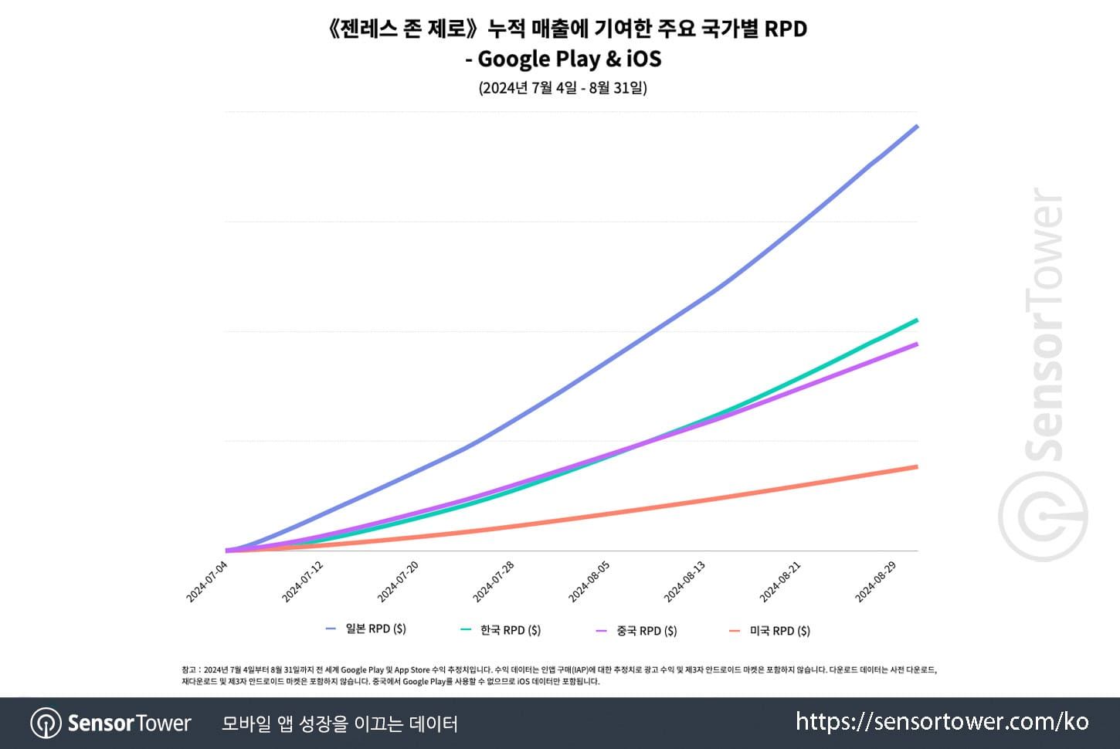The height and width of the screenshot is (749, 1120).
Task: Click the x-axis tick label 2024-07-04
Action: (x=207, y=581)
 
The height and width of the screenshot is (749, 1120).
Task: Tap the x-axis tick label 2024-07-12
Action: (x=303, y=581)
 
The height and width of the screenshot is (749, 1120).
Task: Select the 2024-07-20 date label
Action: (x=398, y=581)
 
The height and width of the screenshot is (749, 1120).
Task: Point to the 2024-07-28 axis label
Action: (x=494, y=581)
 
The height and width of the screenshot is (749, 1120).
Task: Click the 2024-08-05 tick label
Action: (x=589, y=581)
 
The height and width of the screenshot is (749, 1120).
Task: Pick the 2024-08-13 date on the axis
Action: (x=685, y=581)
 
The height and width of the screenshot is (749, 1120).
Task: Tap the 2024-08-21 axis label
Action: (x=780, y=581)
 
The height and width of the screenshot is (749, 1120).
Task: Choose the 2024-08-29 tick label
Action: (x=876, y=581)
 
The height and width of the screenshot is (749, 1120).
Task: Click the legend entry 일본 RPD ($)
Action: (x=375, y=629)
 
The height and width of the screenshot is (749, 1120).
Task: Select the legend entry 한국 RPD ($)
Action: (x=510, y=630)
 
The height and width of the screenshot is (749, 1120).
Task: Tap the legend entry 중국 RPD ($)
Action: (x=646, y=631)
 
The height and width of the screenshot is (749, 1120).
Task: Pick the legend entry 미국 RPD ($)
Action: (x=779, y=631)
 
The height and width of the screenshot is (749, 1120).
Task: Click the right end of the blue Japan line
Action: (x=917, y=126)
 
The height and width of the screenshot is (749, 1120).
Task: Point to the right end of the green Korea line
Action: (x=917, y=320)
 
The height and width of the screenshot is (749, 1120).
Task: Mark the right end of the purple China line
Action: (x=917, y=344)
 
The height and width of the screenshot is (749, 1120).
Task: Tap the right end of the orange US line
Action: (x=917, y=466)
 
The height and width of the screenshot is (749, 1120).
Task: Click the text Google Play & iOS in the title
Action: (x=569, y=59)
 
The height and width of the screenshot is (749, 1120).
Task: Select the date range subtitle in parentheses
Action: (x=562, y=87)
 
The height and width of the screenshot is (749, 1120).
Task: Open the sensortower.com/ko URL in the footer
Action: (x=942, y=722)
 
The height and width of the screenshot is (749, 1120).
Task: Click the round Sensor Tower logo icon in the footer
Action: (x=46, y=724)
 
